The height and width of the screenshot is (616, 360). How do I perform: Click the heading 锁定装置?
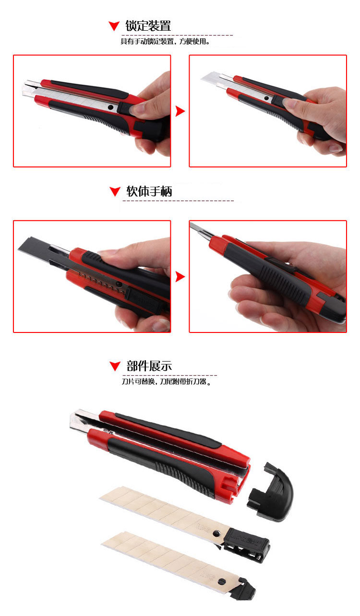pyautogui.click(x=148, y=25)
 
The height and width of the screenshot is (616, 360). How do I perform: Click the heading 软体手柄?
pyautogui.click(x=149, y=191)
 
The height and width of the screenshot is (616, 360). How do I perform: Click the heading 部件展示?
pyautogui.click(x=149, y=366)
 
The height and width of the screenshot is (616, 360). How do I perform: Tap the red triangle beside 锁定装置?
pyautogui.click(x=114, y=26)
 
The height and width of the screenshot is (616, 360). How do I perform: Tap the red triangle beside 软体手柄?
pyautogui.click(x=115, y=191)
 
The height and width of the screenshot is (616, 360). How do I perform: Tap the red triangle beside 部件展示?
pyautogui.click(x=115, y=366)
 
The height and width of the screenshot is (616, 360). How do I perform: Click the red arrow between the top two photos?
pyautogui.click(x=180, y=111)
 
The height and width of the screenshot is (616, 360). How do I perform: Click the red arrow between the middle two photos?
pyautogui.click(x=180, y=277)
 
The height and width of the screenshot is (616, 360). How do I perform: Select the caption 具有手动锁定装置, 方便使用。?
pyautogui.click(x=166, y=42)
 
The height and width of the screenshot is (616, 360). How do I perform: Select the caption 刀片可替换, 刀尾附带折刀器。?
pyautogui.click(x=167, y=382)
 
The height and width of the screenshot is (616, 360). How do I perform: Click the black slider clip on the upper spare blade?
pyautogui.click(x=246, y=545)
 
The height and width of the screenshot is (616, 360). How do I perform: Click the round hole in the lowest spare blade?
pyautogui.click(x=222, y=581)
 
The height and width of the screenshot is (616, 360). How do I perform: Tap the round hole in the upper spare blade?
pyautogui.click(x=216, y=533)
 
